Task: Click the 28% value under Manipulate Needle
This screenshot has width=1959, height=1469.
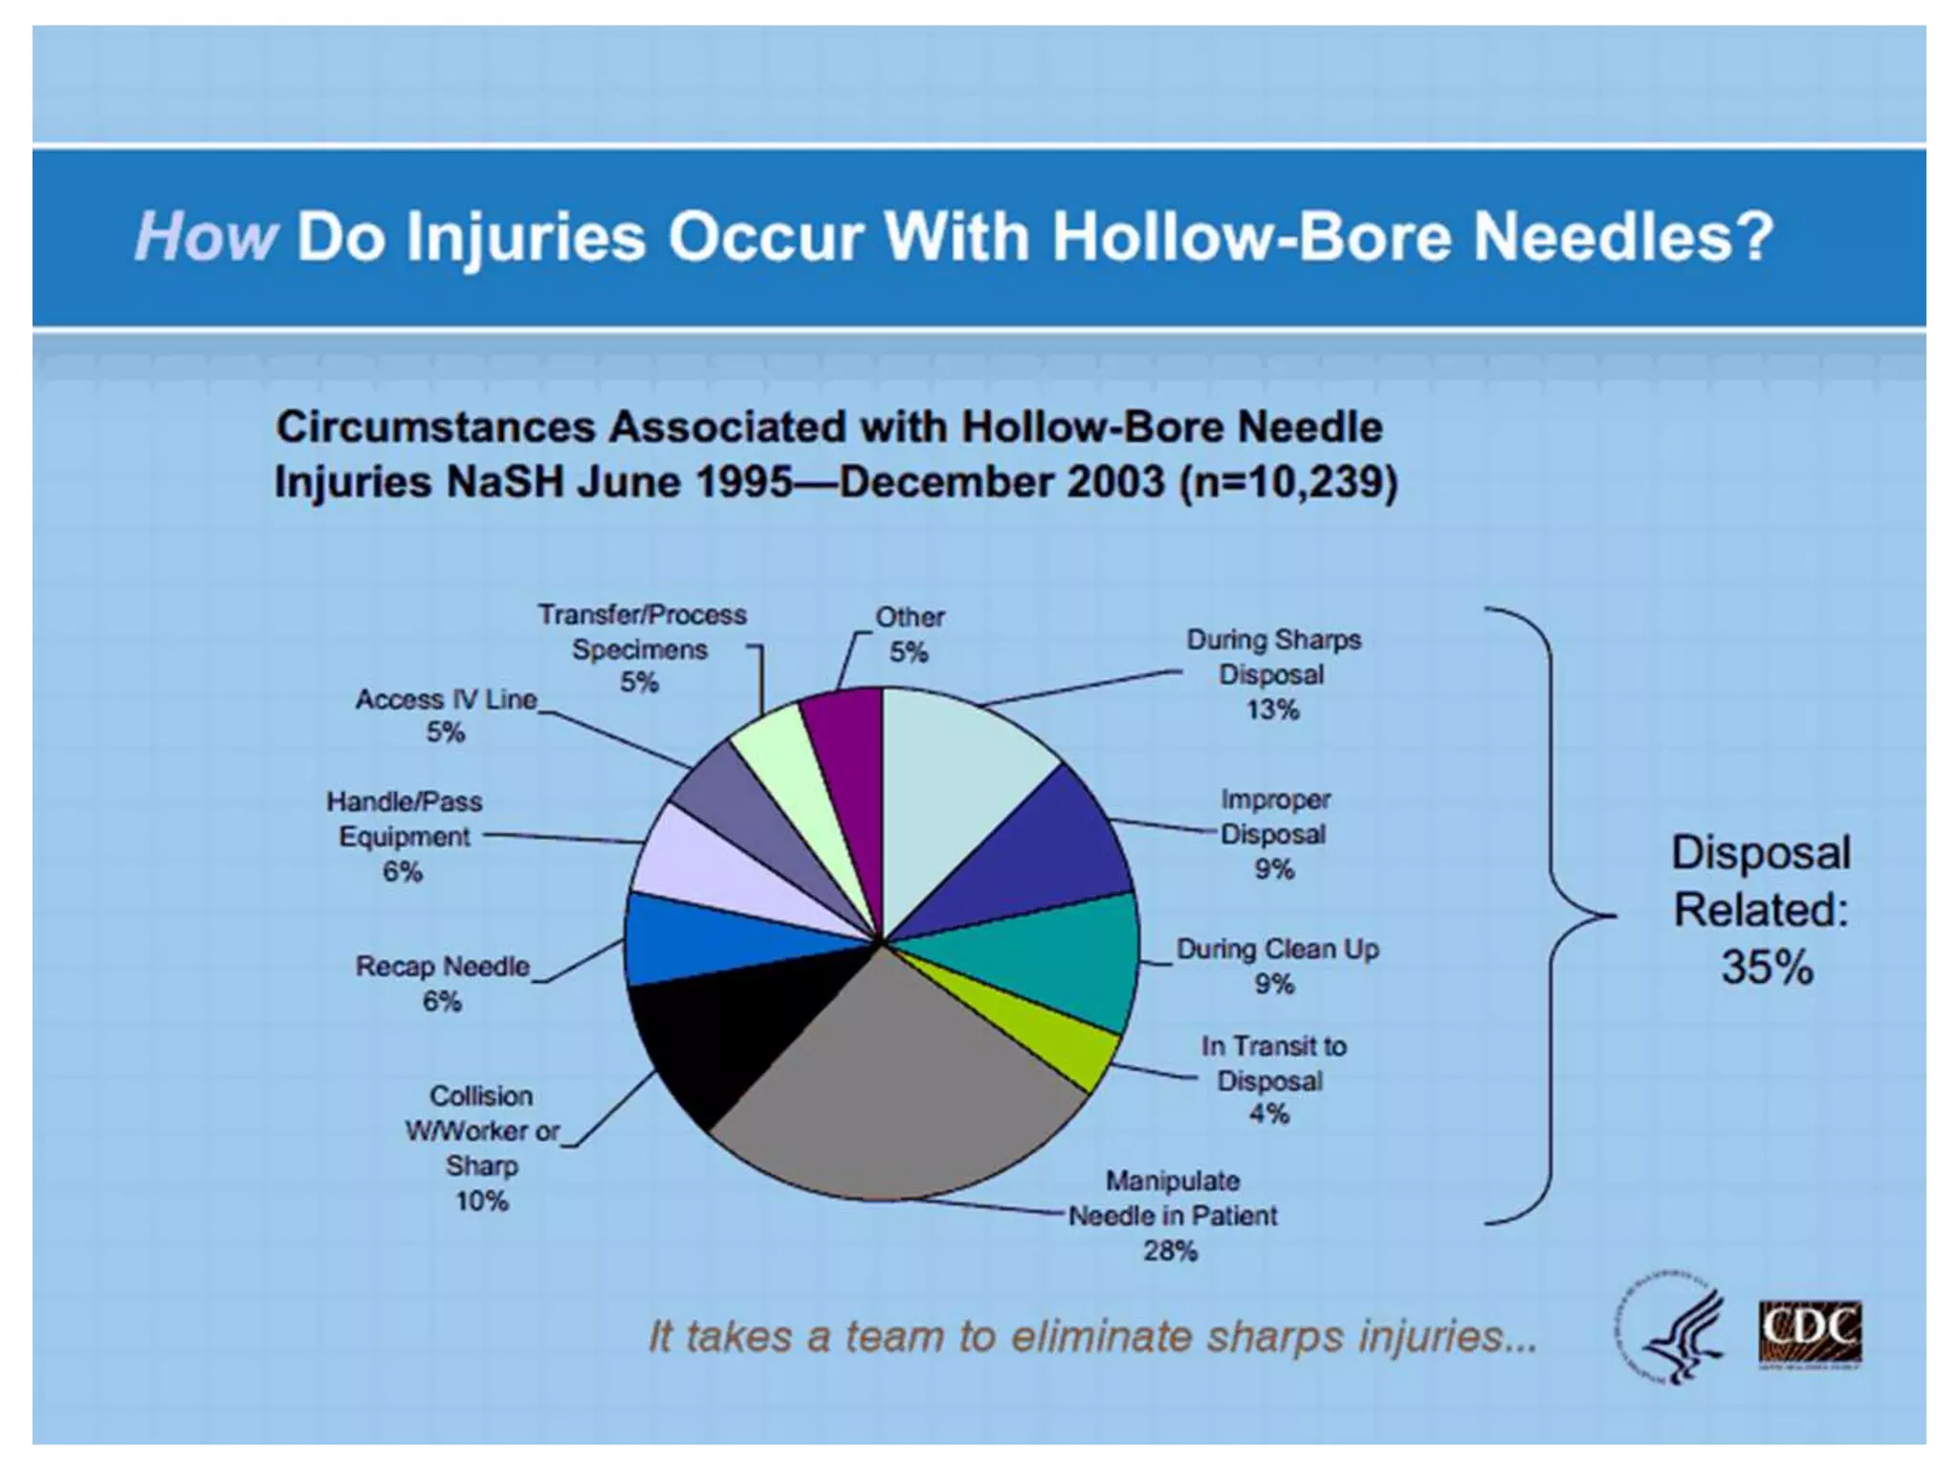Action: point(1170,1250)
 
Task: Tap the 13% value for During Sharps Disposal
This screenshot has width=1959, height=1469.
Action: point(1272,710)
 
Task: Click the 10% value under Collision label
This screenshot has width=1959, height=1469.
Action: point(481,1200)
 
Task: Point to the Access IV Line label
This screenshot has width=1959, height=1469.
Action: point(447,699)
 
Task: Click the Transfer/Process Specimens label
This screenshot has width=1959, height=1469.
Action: point(641,631)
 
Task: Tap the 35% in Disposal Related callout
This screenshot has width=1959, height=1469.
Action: point(1767,967)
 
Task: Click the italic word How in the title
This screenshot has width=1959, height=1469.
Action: point(206,236)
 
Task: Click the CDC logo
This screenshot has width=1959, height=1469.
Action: point(1810,1333)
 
